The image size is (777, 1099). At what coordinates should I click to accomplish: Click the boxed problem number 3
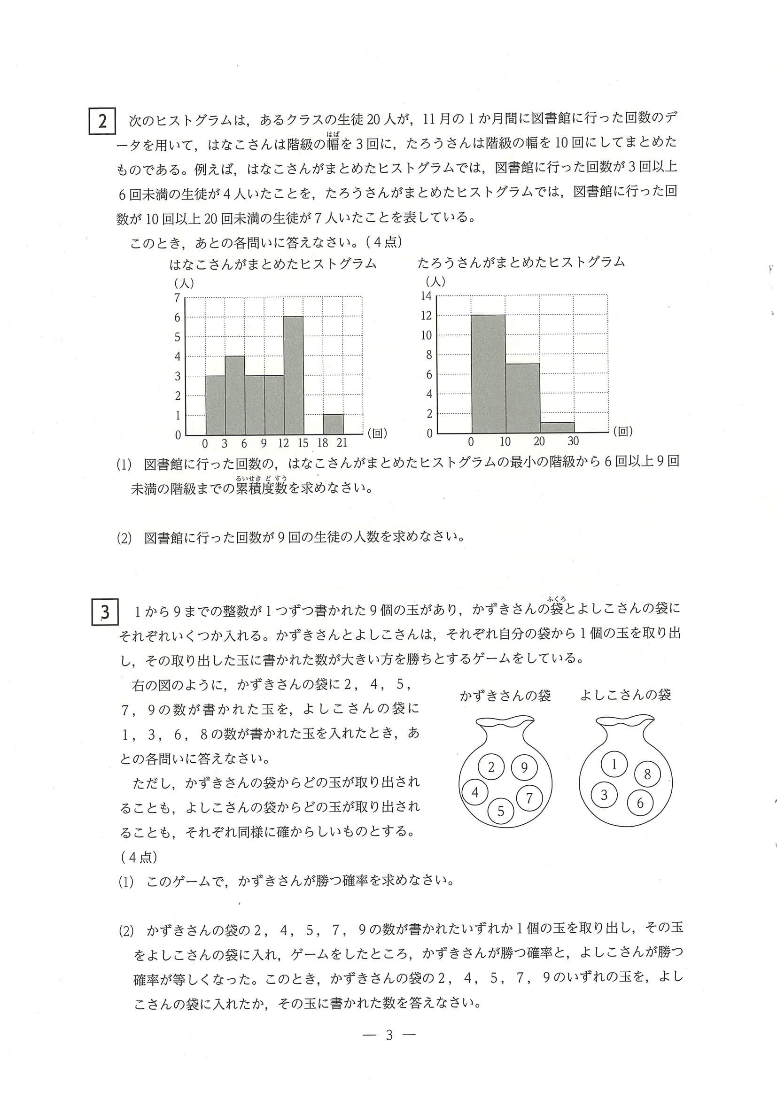click(104, 613)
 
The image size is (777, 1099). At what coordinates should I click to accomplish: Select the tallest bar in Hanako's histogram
click(294, 376)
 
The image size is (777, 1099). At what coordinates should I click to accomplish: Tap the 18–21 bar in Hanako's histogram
click(333, 425)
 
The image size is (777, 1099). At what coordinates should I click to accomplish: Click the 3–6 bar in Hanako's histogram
click(234, 395)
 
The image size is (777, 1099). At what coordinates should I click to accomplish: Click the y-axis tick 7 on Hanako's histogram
click(177, 298)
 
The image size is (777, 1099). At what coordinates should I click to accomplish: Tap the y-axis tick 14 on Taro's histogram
click(426, 296)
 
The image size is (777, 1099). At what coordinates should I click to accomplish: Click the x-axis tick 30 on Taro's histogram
click(573, 441)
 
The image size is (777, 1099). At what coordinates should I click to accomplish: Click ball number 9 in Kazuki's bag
click(524, 768)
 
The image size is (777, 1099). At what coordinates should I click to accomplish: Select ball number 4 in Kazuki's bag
click(475, 792)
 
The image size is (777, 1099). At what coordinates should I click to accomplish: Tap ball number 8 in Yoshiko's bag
click(647, 774)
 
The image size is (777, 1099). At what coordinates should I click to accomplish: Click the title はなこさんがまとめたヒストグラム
click(272, 264)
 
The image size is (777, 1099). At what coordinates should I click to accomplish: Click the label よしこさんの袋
click(625, 695)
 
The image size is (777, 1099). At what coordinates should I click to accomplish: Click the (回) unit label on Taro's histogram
click(623, 431)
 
